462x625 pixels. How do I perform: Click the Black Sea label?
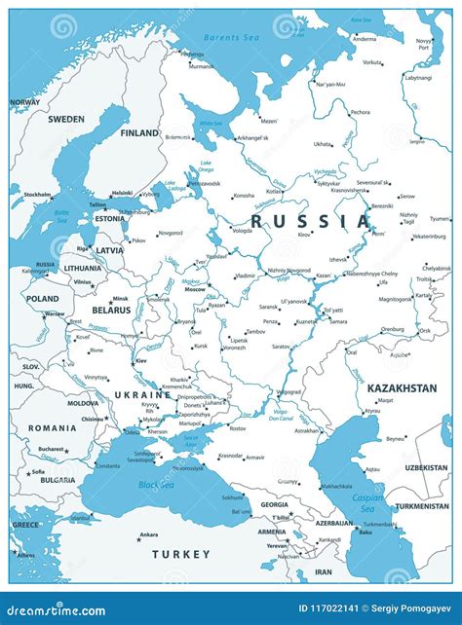[156, 484]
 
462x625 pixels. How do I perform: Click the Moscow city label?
[195, 289]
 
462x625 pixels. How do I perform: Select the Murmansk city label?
[201, 66]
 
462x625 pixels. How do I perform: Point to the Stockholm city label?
[37, 195]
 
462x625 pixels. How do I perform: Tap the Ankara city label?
[148, 534]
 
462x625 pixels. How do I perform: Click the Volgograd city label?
[289, 392]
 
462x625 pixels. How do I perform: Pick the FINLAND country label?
[139, 132]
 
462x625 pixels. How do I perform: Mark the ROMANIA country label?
[52, 427]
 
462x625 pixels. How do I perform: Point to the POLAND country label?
[42, 299]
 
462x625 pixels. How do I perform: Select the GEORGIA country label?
[274, 504]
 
